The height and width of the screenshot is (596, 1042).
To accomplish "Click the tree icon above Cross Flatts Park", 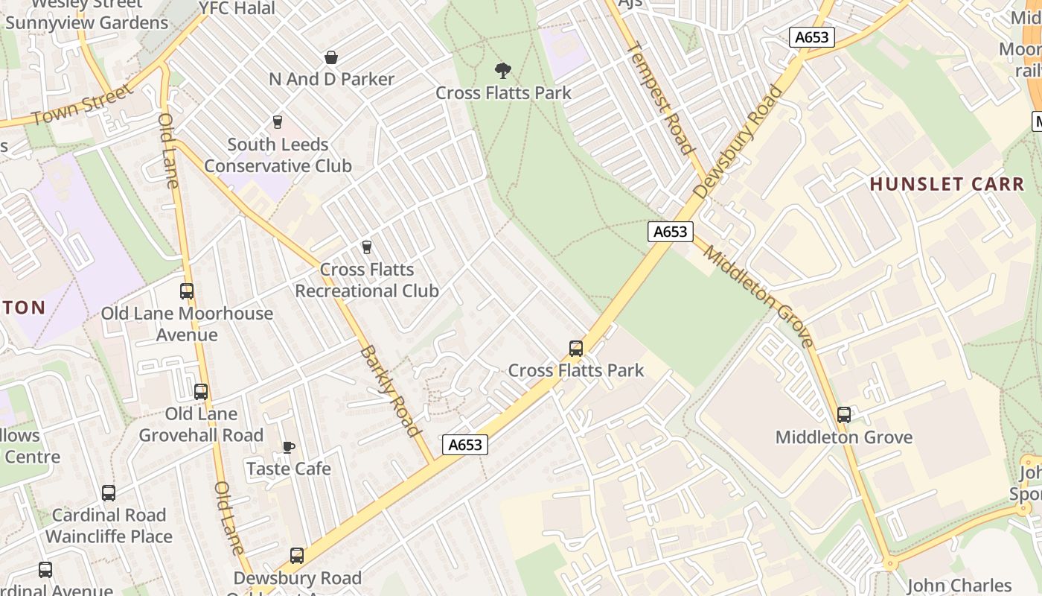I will point(503,71).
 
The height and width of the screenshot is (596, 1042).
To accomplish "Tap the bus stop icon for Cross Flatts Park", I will point(575,348).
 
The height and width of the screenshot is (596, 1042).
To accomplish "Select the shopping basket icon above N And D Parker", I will point(331,57).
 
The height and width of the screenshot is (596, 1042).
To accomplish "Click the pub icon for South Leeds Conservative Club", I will point(278,121).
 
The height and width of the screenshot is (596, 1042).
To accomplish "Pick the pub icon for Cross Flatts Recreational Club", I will point(366,247).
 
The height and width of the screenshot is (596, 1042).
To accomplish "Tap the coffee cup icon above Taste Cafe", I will point(288,447).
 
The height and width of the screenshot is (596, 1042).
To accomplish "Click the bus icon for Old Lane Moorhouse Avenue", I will point(187,291).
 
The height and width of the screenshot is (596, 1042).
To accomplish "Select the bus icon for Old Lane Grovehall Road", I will point(201,391).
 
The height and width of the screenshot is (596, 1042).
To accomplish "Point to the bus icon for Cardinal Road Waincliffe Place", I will point(109,492).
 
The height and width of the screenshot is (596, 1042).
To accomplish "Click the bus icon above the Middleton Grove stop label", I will point(843,415).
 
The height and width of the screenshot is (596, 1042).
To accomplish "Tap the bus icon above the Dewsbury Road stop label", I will point(297,555).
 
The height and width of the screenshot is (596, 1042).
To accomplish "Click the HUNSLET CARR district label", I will point(947,184).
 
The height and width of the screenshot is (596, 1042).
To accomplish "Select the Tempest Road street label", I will point(660,98).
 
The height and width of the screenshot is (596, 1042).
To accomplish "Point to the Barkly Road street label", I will point(391,390).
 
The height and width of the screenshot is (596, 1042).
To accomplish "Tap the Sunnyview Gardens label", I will point(87,22).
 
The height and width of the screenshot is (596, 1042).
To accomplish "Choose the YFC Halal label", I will point(237,8).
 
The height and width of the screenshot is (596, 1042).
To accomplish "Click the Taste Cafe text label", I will point(289,469).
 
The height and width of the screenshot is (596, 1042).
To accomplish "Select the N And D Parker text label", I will point(332,79).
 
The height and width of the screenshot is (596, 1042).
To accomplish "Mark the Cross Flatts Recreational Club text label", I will point(367,280).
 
